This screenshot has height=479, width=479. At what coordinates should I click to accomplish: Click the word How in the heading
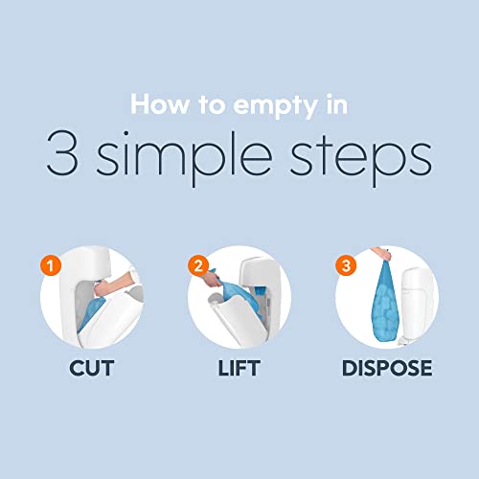[x=160, y=104]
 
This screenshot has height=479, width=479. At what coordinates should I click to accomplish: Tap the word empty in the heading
[x=276, y=106]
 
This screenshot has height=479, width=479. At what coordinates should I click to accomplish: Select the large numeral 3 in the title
[x=62, y=152]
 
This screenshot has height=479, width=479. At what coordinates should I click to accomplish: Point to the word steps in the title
[x=361, y=159]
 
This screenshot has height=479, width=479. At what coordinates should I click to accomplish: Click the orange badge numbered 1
[x=51, y=265]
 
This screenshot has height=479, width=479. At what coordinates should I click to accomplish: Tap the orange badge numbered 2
[x=198, y=265]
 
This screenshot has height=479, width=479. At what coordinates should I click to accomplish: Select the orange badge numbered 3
[x=346, y=265]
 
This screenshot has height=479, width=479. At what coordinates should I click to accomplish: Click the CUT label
[x=92, y=368]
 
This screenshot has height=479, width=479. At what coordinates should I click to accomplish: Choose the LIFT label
[x=239, y=368]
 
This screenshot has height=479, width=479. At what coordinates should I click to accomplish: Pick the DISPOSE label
[x=387, y=368]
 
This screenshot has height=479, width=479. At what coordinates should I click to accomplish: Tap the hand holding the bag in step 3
[x=381, y=253]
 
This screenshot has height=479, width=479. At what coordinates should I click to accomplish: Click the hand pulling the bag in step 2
[x=211, y=279]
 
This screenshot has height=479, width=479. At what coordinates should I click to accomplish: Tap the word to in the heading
[x=211, y=104]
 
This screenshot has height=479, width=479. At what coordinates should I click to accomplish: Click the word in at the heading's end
[x=337, y=104]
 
